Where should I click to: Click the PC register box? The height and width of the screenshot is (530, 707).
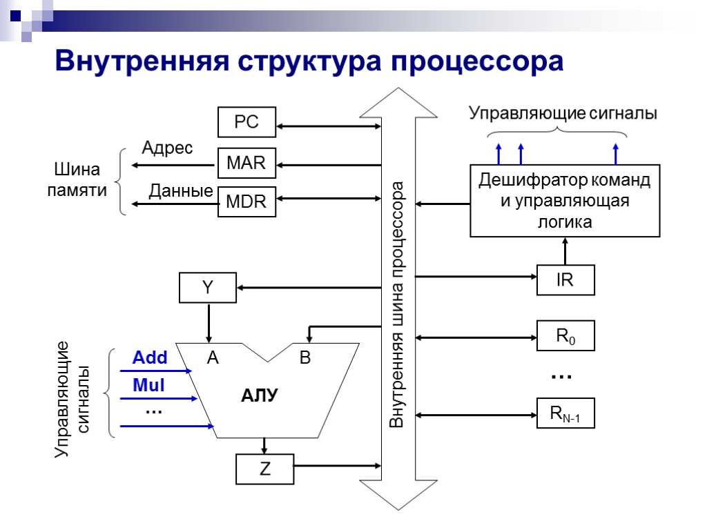pyautogui.click(x=246, y=122)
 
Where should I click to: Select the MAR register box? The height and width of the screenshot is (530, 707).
pyautogui.click(x=246, y=164)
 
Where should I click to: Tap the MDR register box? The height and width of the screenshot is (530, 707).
pyautogui.click(x=246, y=202)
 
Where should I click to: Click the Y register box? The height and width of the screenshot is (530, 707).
pyautogui.click(x=207, y=288)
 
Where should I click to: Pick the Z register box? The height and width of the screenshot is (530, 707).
pyautogui.click(x=264, y=469)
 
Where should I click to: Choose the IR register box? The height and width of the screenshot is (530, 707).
pyautogui.click(x=565, y=280)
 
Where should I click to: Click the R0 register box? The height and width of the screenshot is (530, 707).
pyautogui.click(x=565, y=336)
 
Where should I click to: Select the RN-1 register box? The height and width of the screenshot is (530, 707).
pyautogui.click(x=565, y=414)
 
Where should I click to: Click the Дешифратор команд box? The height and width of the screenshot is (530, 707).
pyautogui.click(x=565, y=201)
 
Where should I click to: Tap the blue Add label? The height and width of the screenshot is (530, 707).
pyautogui.click(x=150, y=358)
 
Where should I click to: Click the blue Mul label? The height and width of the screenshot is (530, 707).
pyautogui.click(x=148, y=386)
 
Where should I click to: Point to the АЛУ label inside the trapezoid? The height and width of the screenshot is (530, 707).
pyautogui.click(x=260, y=396)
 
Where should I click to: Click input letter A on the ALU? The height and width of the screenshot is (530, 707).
pyautogui.click(x=213, y=358)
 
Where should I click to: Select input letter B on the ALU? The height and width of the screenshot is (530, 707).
pyautogui.click(x=304, y=358)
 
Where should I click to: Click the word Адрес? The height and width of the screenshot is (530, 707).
pyautogui.click(x=167, y=148)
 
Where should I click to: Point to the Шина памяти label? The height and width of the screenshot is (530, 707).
pyautogui.click(x=77, y=180)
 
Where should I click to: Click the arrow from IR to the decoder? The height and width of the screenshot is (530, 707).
pyautogui.click(x=565, y=251)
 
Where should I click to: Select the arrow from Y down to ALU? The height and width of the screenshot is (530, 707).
pyautogui.click(x=207, y=322)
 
